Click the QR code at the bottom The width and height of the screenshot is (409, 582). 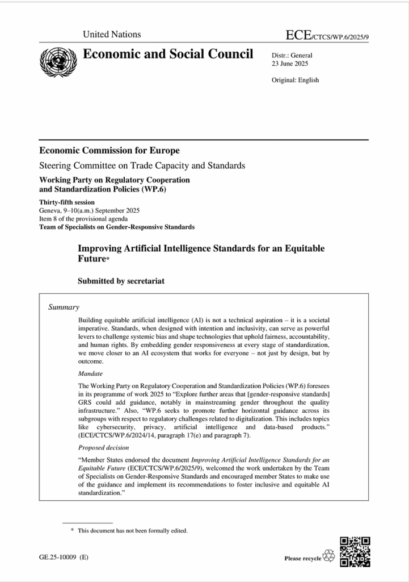point(355,551)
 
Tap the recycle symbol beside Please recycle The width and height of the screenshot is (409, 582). point(328,556)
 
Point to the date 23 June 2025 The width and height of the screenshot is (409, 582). point(288,64)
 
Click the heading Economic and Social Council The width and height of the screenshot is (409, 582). point(168,55)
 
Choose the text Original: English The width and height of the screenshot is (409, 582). point(295,80)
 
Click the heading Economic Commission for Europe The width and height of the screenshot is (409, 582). point(109,151)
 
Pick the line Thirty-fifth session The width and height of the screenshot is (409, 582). point(67,202)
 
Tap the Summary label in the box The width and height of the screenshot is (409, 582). point(64,307)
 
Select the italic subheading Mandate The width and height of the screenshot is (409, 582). point(91,373)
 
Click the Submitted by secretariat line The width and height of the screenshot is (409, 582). point(121,281)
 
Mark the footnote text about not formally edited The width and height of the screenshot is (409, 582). point(132,531)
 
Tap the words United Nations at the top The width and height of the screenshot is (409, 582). point(112,35)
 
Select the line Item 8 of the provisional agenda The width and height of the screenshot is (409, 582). point(83,219)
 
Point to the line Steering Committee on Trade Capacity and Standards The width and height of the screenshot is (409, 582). point(142,166)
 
